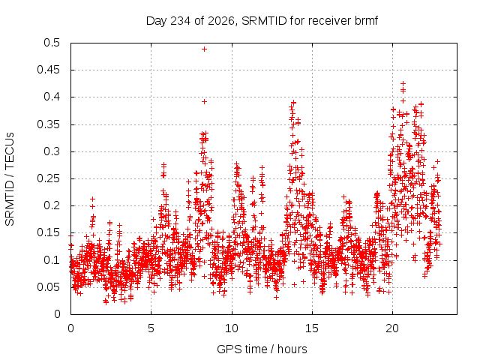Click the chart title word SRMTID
click(264, 21)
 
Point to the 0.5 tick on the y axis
click(52, 43)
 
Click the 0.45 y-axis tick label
click(48, 70)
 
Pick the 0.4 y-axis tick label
click(52, 97)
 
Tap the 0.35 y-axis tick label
click(48, 124)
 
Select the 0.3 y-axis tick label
click(52, 151)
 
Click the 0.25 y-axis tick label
click(48, 178)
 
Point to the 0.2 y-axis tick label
click(52, 205)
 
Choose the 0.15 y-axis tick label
click(48, 232)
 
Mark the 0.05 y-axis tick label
click(48, 287)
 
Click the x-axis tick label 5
click(151, 328)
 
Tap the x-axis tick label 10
click(232, 328)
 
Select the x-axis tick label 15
click(312, 328)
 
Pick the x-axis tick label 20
click(392, 328)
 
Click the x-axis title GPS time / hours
click(262, 349)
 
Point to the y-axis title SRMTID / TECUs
click(10, 179)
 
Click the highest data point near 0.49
click(204, 49)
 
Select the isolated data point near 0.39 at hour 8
click(204, 102)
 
